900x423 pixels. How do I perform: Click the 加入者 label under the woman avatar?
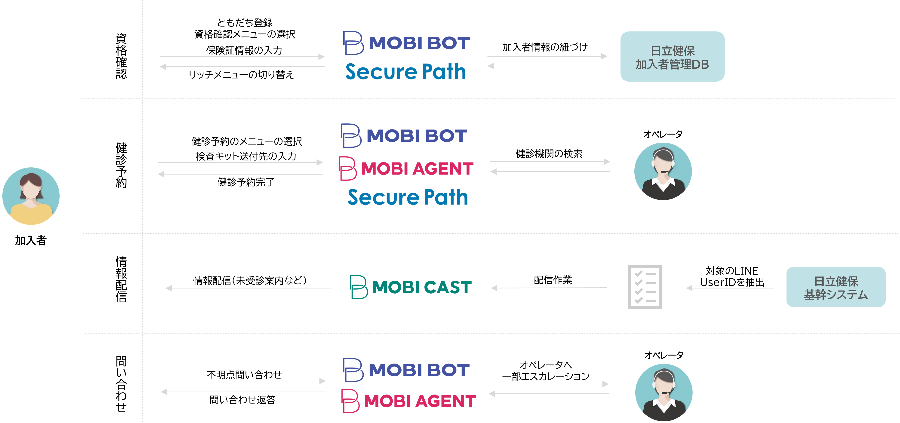tap(31, 240)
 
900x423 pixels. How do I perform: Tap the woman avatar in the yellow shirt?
tap(31, 196)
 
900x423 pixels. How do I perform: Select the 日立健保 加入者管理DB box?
tap(672, 57)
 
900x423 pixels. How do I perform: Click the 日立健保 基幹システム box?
tap(836, 287)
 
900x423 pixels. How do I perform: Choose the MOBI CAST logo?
tap(411, 287)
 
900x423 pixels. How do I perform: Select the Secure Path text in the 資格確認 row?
tap(406, 72)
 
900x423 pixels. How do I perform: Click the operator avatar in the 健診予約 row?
tap(663, 171)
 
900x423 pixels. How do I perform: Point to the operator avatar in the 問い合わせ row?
tap(663, 392)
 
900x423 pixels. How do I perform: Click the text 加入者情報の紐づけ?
tap(545, 47)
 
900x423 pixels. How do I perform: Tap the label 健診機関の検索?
tap(549, 154)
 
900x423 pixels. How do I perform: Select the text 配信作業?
tap(553, 280)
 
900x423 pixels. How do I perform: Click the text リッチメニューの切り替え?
tap(241, 75)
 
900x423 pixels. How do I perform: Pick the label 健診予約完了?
tap(246, 182)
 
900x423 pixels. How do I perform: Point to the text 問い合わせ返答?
tap(243, 400)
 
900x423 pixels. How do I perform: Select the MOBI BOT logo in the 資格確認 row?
tap(406, 43)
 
